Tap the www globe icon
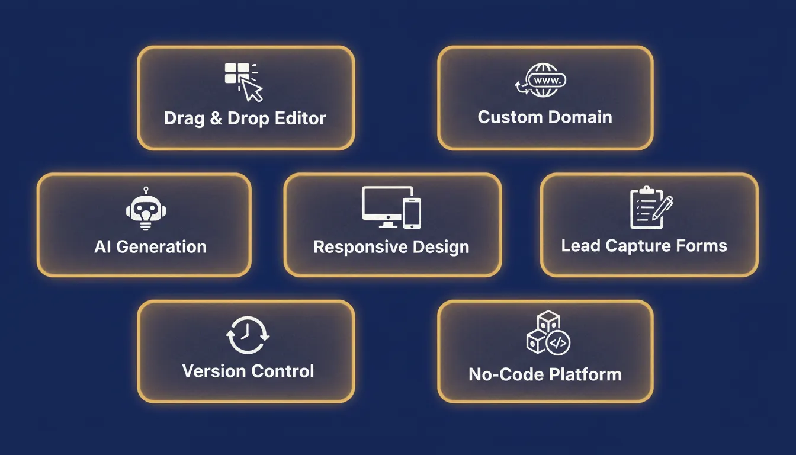[x=541, y=80]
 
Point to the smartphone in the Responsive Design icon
[x=412, y=213]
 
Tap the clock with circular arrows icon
[x=248, y=335]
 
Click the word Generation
[x=161, y=246]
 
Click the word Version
[x=214, y=371]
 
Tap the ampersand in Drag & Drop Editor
[x=216, y=118]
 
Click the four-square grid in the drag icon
[x=237, y=73]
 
